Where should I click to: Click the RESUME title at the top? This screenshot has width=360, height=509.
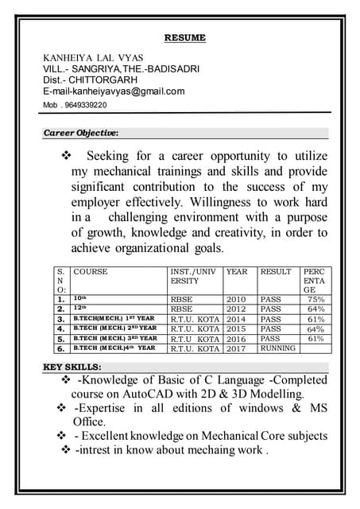(x=184, y=37)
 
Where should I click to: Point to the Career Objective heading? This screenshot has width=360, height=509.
(x=81, y=133)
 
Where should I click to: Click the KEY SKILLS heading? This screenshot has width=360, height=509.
(x=72, y=367)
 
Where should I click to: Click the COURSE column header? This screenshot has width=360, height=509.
(x=90, y=272)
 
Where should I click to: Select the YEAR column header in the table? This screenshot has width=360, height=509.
(x=237, y=272)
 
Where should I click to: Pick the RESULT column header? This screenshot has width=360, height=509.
(x=276, y=272)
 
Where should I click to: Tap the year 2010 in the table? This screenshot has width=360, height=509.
(x=236, y=300)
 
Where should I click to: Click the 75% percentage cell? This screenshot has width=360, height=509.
(x=315, y=300)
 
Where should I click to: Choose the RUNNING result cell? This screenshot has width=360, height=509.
(x=277, y=348)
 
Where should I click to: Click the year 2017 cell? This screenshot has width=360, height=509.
(x=236, y=348)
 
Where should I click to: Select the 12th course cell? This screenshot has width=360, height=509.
(x=79, y=309)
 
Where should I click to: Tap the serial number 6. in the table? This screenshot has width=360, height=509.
(x=60, y=348)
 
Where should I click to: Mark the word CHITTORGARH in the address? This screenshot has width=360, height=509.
(x=103, y=80)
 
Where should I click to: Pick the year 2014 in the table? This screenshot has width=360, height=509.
(x=236, y=319)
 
